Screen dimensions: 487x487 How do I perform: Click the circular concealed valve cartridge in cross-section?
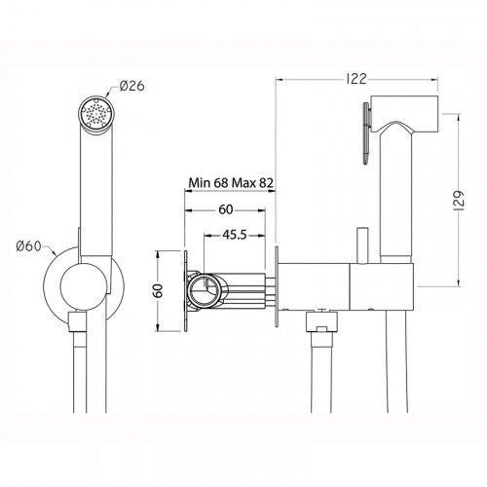[203, 288]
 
